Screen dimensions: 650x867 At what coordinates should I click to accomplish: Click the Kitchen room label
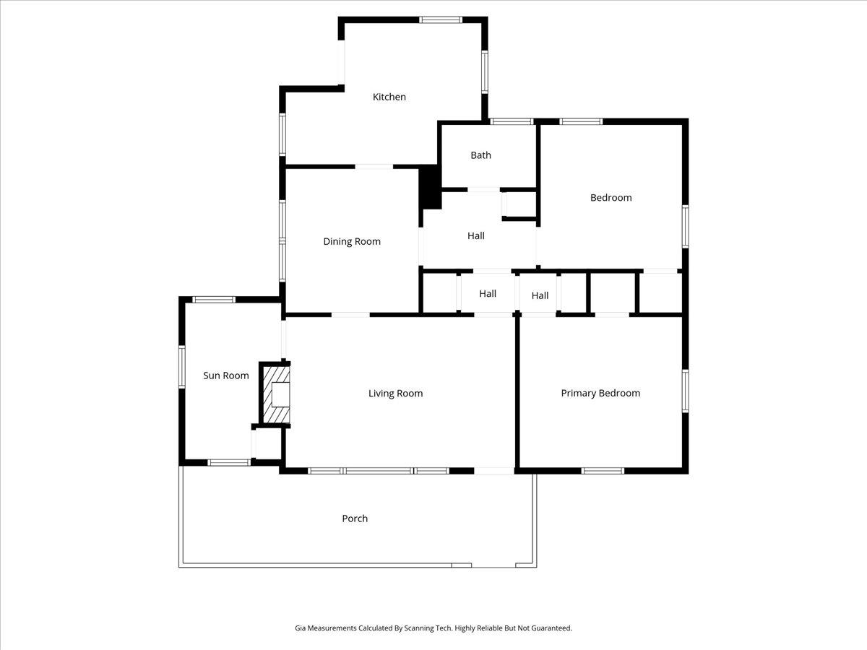pyautogui.click(x=389, y=97)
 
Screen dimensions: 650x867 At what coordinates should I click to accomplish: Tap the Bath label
pyautogui.click(x=480, y=155)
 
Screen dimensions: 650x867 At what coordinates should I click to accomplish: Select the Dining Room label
pyautogui.click(x=352, y=241)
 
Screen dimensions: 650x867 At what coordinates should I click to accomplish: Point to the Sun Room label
pyautogui.click(x=226, y=376)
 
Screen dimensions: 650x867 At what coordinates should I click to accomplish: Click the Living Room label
pyautogui.click(x=395, y=394)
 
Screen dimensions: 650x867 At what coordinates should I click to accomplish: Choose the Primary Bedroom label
pyautogui.click(x=600, y=394)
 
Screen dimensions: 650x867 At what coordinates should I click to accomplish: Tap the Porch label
pyautogui.click(x=355, y=519)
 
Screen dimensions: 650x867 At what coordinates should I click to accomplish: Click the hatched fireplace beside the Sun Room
pyautogui.click(x=275, y=394)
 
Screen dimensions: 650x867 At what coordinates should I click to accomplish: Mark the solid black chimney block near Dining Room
pyautogui.click(x=431, y=187)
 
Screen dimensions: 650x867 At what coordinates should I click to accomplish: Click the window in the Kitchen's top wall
pyautogui.click(x=441, y=19)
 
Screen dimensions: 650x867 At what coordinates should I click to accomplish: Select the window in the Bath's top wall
pyautogui.click(x=512, y=121)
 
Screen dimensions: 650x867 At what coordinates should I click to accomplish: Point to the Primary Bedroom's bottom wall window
pyautogui.click(x=603, y=471)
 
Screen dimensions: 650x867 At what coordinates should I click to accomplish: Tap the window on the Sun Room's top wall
pyautogui.click(x=214, y=299)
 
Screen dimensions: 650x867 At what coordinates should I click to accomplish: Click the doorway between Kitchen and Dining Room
pyautogui.click(x=374, y=167)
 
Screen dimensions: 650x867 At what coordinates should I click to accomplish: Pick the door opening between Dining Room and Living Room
pyautogui.click(x=350, y=315)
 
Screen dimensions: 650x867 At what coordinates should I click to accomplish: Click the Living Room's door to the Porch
pyautogui.click(x=494, y=471)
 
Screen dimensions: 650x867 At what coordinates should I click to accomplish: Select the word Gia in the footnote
pyautogui.click(x=301, y=628)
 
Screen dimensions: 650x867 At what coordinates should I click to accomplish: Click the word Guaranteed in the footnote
pyautogui.click(x=551, y=628)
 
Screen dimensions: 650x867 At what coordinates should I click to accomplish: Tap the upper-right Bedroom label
pyautogui.click(x=611, y=198)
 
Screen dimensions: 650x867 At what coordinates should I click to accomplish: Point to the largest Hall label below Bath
pyautogui.click(x=475, y=235)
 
